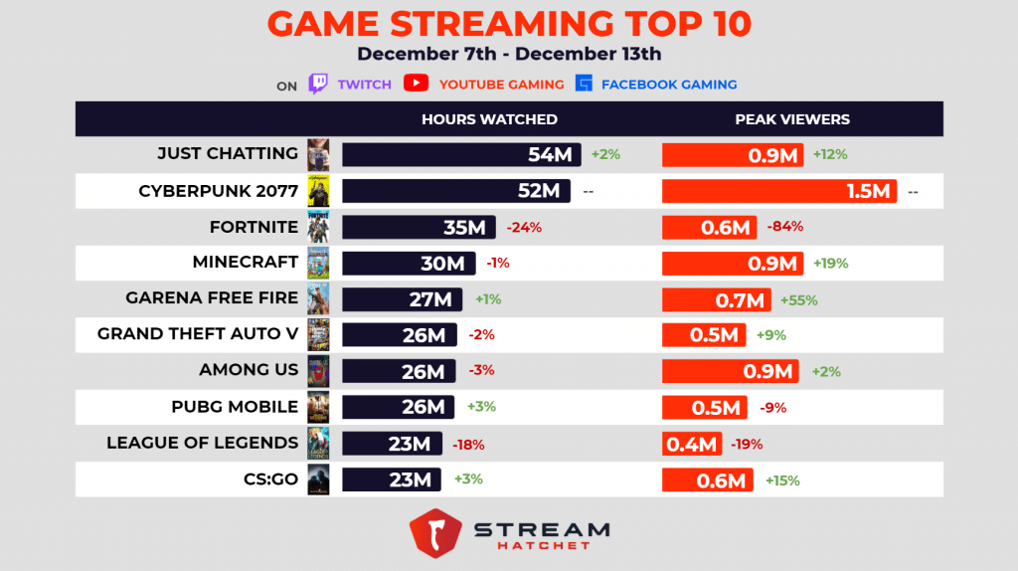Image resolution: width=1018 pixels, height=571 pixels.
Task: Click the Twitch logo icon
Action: (318, 84)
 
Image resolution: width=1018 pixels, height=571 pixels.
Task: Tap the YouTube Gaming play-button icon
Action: (416, 84)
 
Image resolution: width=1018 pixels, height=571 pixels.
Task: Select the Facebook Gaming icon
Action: (585, 84)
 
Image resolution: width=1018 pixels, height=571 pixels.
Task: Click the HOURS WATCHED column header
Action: (489, 119)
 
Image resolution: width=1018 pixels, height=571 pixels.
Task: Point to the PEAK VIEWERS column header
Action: (792, 119)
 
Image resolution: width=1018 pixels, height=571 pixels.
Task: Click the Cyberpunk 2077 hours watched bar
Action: (456, 191)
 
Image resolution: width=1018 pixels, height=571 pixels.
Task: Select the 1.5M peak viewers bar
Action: (779, 191)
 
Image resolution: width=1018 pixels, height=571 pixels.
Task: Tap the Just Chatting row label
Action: (228, 154)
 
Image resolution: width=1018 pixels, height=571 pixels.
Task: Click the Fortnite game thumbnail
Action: (318, 227)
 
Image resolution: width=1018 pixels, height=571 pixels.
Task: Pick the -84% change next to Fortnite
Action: (785, 227)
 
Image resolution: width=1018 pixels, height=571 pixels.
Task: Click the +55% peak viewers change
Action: (798, 299)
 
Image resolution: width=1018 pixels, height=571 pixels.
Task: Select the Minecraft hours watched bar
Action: (407, 263)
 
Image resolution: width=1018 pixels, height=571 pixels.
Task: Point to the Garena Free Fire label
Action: (212, 298)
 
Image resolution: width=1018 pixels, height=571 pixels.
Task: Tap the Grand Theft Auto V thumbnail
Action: (318, 335)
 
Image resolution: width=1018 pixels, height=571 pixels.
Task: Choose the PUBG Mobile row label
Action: (235, 407)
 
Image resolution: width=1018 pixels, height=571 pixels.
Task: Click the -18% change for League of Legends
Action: (468, 445)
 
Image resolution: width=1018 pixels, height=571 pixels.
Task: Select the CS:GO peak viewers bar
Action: (707, 480)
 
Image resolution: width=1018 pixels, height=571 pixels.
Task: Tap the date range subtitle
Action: (509, 55)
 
